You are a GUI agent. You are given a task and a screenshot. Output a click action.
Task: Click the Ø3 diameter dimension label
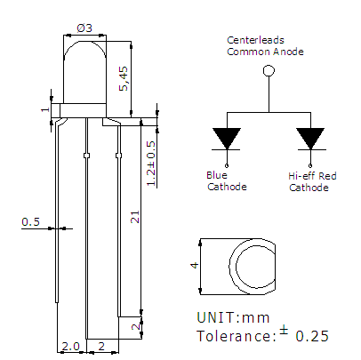[x=84, y=28]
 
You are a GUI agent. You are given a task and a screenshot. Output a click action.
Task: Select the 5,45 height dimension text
[x=124, y=78]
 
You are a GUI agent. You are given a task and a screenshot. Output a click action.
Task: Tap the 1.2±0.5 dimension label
[x=151, y=164]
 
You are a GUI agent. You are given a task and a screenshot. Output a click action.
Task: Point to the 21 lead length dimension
[x=135, y=217]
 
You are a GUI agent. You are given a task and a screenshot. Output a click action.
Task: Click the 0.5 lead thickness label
[x=30, y=221]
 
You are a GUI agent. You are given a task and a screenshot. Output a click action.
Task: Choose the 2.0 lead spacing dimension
[x=70, y=346]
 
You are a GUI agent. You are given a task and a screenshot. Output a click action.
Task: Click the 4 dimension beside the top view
[x=195, y=265]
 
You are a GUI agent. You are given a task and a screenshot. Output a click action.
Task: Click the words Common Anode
[x=265, y=52]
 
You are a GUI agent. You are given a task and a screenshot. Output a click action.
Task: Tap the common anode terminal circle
[x=269, y=71]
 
